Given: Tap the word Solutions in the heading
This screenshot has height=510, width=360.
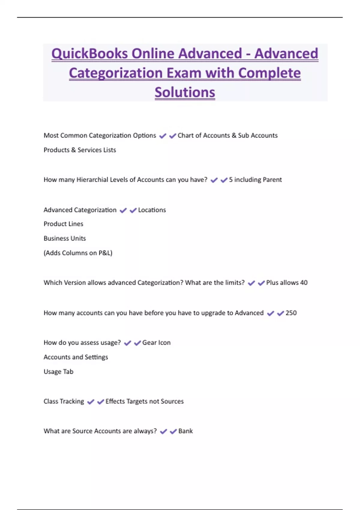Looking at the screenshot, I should pyautogui.click(x=185, y=92).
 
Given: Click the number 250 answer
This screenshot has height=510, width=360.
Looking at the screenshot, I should pyautogui.click(x=291, y=313).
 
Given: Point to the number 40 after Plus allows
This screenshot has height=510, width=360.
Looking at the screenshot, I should pyautogui.click(x=304, y=283).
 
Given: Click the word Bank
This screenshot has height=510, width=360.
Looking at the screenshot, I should pyautogui.click(x=185, y=431).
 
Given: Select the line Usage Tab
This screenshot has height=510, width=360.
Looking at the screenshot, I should pyautogui.click(x=58, y=372).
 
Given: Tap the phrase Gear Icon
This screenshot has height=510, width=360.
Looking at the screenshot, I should pyautogui.click(x=156, y=343).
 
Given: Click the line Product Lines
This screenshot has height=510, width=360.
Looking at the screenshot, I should pyautogui.click(x=63, y=224).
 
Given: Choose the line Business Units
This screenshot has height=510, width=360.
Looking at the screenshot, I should pyautogui.click(x=65, y=238).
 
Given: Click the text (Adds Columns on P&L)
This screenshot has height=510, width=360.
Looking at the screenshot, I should pyautogui.click(x=78, y=253).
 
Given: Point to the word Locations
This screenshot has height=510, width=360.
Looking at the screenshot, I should pyautogui.click(x=152, y=210).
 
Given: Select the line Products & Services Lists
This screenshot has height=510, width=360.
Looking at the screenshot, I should pyautogui.click(x=80, y=150).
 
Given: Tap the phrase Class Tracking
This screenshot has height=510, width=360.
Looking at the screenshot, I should pyautogui.click(x=64, y=401).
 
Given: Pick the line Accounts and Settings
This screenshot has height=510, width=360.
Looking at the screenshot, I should pyautogui.click(x=76, y=357).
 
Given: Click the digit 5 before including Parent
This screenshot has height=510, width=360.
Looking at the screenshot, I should pyautogui.click(x=231, y=180).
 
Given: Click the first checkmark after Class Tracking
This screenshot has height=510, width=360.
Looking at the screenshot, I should pyautogui.click(x=91, y=402).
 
